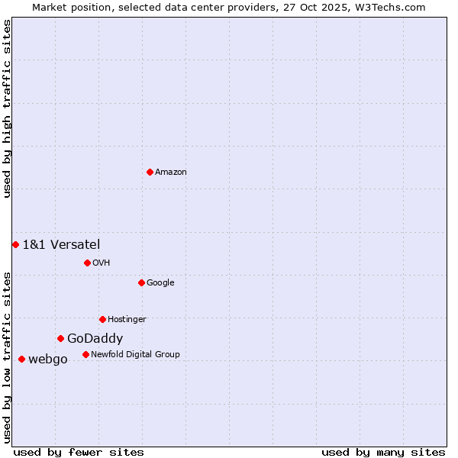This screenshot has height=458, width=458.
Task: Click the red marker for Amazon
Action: point(150,172)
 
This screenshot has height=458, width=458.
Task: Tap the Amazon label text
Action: point(171,173)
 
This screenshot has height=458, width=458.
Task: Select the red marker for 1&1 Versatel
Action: point(15,244)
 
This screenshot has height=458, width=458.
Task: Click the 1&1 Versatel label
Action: point(61,244)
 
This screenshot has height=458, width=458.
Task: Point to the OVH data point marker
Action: point(87,263)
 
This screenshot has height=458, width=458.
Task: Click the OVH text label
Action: point(102,263)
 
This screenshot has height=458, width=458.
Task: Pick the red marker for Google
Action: point(141,282)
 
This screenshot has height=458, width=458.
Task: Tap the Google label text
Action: point(160,283)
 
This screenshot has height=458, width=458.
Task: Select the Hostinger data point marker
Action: point(102,319)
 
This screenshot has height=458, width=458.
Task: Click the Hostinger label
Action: point(127,320)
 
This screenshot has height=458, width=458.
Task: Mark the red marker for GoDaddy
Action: point(60,338)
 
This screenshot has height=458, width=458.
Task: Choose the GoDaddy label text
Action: point(95,339)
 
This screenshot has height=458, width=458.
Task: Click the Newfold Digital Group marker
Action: point(85,354)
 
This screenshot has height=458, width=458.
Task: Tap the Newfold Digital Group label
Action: point(135,355)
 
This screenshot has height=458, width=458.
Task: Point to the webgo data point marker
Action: point(21,359)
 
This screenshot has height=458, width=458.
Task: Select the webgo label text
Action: point(48,360)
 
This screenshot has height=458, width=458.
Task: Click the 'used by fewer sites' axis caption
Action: point(79,452)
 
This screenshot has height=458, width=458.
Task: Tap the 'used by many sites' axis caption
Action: point(383,452)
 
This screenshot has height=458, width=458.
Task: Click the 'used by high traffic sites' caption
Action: point(7,108)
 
